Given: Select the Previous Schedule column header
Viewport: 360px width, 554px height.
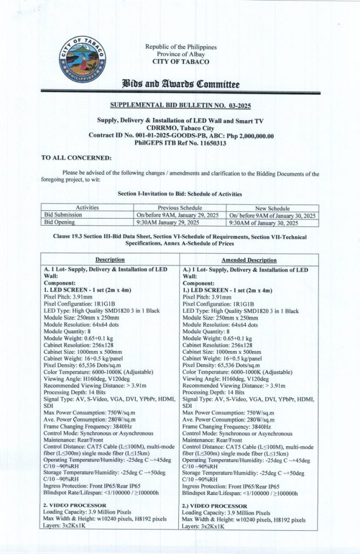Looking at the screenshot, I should coord(179,208).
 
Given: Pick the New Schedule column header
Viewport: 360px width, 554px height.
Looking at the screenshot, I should coord(272,208).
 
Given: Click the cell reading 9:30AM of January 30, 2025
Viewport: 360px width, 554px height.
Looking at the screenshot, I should coord(263,222).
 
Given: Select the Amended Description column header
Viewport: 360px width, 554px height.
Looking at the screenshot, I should coord(249,260).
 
